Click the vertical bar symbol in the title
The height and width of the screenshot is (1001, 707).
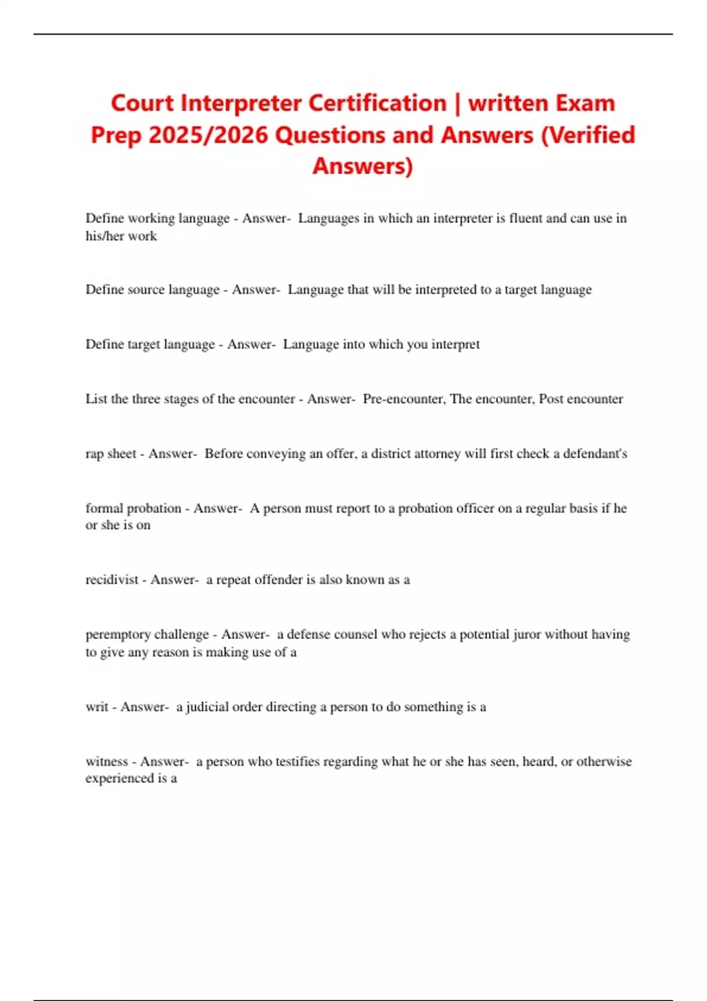(x=457, y=104)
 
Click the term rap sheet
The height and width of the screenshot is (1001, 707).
(x=111, y=454)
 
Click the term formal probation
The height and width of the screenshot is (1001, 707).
(x=133, y=508)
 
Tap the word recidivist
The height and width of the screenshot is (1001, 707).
(x=112, y=580)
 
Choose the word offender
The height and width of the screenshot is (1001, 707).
(x=279, y=580)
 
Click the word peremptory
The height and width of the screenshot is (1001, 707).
(x=115, y=635)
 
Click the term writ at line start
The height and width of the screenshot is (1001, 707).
(x=97, y=707)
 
